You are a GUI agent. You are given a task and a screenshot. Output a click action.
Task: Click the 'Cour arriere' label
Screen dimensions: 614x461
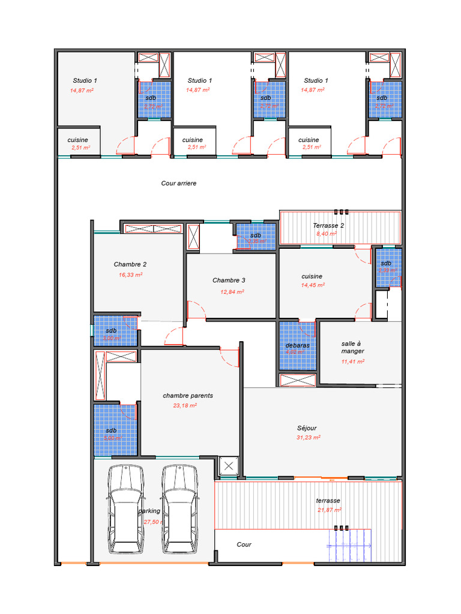point(178,183)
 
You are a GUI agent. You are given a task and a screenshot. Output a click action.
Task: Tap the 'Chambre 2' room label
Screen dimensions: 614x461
point(130,264)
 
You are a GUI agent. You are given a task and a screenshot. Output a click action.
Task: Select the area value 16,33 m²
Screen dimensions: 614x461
point(130,275)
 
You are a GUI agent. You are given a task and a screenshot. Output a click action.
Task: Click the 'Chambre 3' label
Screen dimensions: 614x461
point(229,281)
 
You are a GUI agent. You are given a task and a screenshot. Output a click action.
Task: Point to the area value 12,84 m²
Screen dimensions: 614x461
point(232,291)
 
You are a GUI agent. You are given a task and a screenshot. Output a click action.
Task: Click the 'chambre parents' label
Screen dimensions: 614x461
point(188,396)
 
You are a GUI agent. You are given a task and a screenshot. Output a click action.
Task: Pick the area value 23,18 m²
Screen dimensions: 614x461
point(185,405)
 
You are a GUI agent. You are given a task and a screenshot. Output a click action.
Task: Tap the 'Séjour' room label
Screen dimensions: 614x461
point(307,428)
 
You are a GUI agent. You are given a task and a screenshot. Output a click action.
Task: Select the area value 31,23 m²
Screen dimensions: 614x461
point(308,438)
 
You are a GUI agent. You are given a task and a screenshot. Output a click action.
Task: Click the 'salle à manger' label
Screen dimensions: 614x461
point(352,348)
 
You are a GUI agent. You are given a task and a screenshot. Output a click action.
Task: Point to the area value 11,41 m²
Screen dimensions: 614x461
point(353,362)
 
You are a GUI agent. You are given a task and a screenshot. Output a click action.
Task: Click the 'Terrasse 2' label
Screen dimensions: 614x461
point(328,226)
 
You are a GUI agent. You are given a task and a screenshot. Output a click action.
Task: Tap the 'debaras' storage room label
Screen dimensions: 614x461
point(297,346)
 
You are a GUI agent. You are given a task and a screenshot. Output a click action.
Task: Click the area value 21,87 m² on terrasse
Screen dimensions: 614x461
point(329,510)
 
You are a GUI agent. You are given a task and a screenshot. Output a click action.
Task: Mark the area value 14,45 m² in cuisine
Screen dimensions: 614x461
point(312,286)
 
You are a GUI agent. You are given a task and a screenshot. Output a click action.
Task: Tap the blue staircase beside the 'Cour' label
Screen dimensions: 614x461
point(348,546)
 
